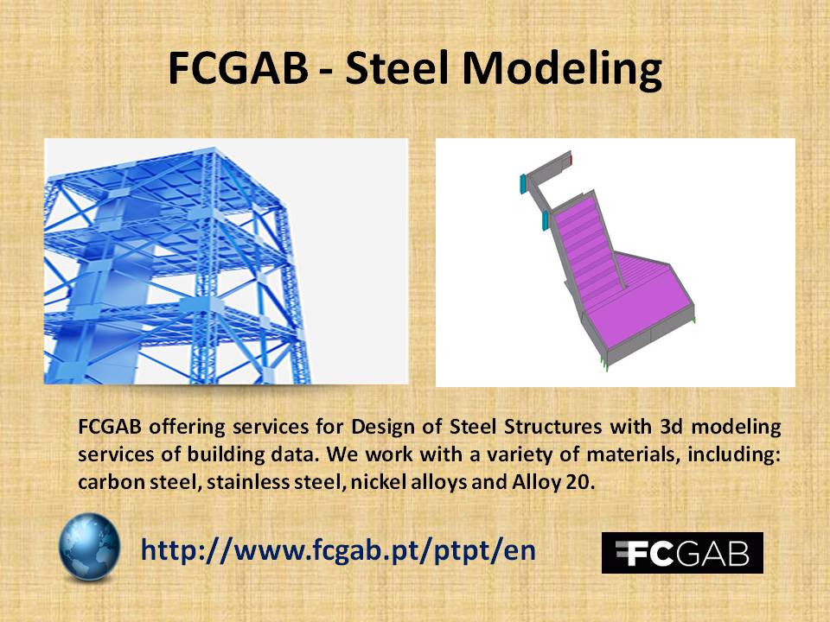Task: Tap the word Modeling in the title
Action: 562,70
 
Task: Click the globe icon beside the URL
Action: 89,547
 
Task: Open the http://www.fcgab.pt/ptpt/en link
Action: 338,550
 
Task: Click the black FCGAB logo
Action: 682,553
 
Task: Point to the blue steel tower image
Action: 226,261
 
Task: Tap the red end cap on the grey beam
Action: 571,159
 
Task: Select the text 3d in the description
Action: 672,426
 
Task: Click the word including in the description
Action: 734,455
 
